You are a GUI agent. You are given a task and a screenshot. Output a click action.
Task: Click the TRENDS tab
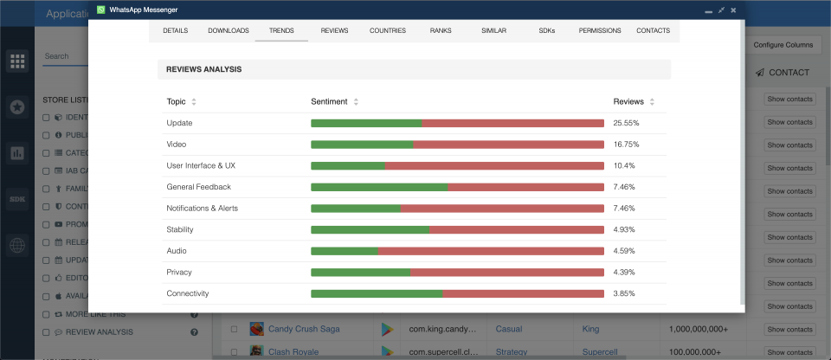pyautogui.click(x=281, y=30)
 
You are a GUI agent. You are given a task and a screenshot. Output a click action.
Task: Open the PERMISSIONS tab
pyautogui.click(x=600, y=30)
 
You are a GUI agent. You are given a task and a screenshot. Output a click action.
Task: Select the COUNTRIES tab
pyautogui.click(x=387, y=30)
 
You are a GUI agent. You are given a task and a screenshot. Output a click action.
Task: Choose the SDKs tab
pyautogui.click(x=546, y=30)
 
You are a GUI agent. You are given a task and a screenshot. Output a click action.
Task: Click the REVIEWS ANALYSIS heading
pyautogui.click(x=203, y=69)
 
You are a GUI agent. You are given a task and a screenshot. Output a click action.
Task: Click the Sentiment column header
pyautogui.click(x=329, y=101)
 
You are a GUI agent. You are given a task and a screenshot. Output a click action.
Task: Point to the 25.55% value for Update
pyautogui.click(x=626, y=123)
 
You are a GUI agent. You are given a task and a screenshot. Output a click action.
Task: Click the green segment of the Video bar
pyautogui.click(x=361, y=145)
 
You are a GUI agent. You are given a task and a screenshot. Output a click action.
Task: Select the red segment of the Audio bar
pyautogui.click(x=491, y=251)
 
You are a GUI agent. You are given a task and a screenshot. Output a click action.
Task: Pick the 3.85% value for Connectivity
pyautogui.click(x=624, y=293)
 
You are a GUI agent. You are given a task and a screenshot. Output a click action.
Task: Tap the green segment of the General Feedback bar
pyautogui.click(x=378, y=187)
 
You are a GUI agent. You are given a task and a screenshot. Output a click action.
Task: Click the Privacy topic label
pyautogui.click(x=180, y=273)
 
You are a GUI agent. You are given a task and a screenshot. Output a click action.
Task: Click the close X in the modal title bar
pyautogui.click(x=733, y=10)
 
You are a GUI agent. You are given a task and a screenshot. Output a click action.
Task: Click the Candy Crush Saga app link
pyautogui.click(x=304, y=329)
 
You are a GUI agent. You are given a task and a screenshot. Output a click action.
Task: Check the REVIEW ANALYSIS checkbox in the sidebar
pyautogui.click(x=46, y=331)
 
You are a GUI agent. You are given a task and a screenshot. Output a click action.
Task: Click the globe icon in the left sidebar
pyautogui.click(x=16, y=245)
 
